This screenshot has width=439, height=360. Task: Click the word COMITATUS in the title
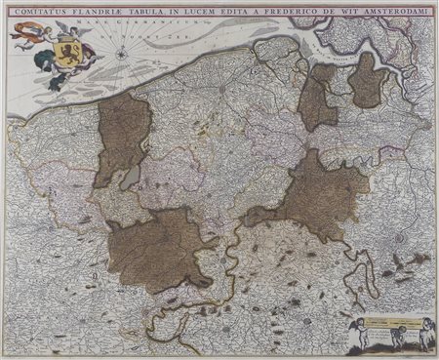40,13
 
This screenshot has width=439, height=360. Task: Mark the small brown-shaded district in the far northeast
367,80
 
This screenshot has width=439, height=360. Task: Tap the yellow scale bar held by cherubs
395,321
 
